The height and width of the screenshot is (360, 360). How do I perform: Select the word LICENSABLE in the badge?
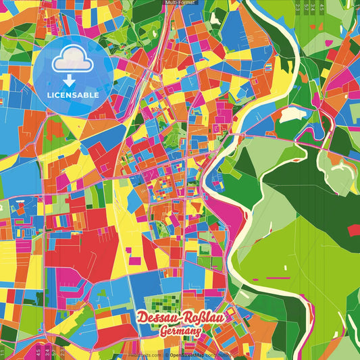(x=73, y=95)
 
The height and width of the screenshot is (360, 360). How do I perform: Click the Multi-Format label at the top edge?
(x=180, y=3)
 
